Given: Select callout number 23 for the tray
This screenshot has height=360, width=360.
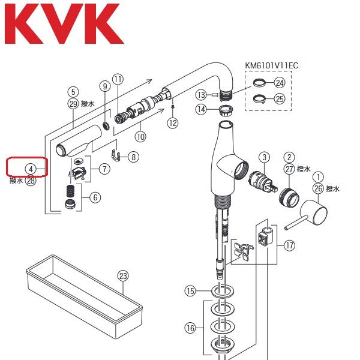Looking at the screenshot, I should click(123, 276).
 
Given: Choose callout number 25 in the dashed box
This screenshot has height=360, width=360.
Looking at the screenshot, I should click(279, 99).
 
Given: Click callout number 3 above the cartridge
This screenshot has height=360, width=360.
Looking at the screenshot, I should click(262, 157).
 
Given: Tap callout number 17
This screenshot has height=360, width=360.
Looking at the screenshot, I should click(290, 245).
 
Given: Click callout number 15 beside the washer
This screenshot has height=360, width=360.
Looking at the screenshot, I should click(190, 292).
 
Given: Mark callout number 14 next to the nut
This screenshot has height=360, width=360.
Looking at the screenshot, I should click(201, 109).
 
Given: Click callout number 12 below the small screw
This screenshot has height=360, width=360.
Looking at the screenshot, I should click(173, 123).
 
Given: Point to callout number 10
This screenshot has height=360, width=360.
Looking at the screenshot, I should click(140, 136).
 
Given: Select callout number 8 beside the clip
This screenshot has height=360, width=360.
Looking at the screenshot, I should click(133, 157).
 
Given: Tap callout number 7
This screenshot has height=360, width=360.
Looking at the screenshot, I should click(105, 169).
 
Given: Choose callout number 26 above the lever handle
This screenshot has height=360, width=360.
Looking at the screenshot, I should click(318, 189).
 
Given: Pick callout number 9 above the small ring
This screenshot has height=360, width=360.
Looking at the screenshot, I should click(104, 86).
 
